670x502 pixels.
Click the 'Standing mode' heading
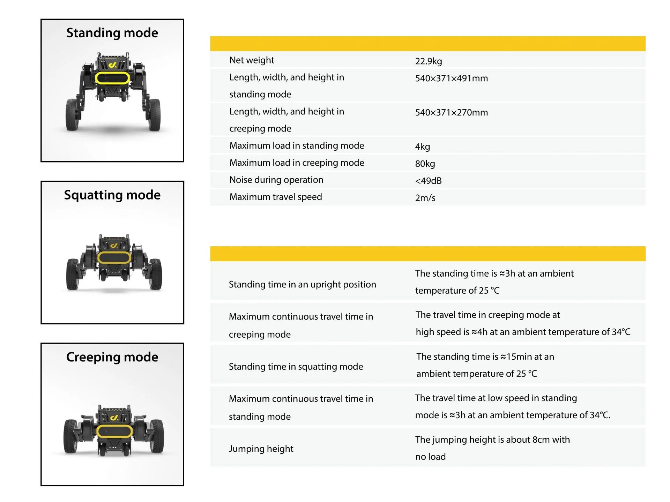[112, 33]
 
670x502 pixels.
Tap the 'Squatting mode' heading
[112, 195]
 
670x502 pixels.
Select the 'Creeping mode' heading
[112, 357]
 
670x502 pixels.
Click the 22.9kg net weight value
[428, 61]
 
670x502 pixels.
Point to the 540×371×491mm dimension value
[451, 78]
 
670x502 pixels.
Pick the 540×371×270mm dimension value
[451, 113]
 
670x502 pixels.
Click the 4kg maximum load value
[422, 147]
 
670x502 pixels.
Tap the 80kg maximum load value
[425, 164]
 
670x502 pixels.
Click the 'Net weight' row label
[252, 60]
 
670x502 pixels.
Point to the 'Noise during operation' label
[276, 180]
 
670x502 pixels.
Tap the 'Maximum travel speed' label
[275, 197]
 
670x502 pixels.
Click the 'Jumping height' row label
[261, 449]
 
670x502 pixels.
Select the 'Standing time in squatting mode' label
[296, 367]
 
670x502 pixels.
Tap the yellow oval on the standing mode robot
[112, 78]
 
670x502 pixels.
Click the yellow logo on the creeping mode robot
[114, 418]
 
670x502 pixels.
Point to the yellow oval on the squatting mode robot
[114, 258]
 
